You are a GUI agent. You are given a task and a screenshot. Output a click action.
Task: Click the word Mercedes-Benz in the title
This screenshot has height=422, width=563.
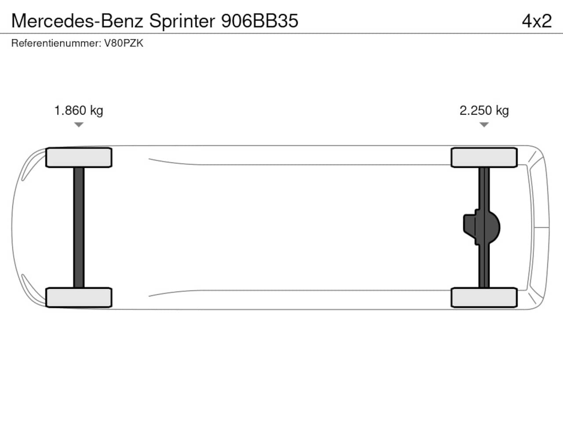coord(77,21)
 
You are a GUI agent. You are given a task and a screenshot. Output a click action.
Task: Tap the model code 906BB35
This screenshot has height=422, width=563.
coord(260,21)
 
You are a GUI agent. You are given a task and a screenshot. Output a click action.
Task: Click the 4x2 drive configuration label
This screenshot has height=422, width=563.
coord(537,21)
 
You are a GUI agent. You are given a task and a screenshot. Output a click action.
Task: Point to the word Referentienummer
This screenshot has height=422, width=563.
coord(56,44)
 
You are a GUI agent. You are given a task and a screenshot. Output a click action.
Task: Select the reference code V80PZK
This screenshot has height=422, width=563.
coord(124,44)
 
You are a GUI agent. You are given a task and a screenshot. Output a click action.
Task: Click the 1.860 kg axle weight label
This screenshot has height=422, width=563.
coord(79,111)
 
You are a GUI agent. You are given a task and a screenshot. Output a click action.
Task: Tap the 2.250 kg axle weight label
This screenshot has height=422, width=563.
coord(484,111)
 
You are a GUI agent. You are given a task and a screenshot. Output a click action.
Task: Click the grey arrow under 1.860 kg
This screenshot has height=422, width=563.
coord(79,124)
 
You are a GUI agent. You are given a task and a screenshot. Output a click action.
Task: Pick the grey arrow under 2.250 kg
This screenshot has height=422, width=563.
coord(484,124)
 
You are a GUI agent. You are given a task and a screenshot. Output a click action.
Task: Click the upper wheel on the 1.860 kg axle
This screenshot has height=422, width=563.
coord(79,157)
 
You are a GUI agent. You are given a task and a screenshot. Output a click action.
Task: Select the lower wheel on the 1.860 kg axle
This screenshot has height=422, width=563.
coord(79,298)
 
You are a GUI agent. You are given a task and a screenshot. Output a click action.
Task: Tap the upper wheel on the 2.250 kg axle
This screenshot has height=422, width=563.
coord(484,157)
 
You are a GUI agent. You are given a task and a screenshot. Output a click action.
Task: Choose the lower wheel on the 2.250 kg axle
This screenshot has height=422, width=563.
coord(484,298)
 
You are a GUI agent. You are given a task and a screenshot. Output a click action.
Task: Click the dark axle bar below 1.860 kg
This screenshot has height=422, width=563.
coord(79,228)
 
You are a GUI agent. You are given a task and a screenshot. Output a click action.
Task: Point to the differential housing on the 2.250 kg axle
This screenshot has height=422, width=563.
coord(482,228)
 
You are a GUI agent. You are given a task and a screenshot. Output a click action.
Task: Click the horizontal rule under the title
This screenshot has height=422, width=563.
coord(281,33)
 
